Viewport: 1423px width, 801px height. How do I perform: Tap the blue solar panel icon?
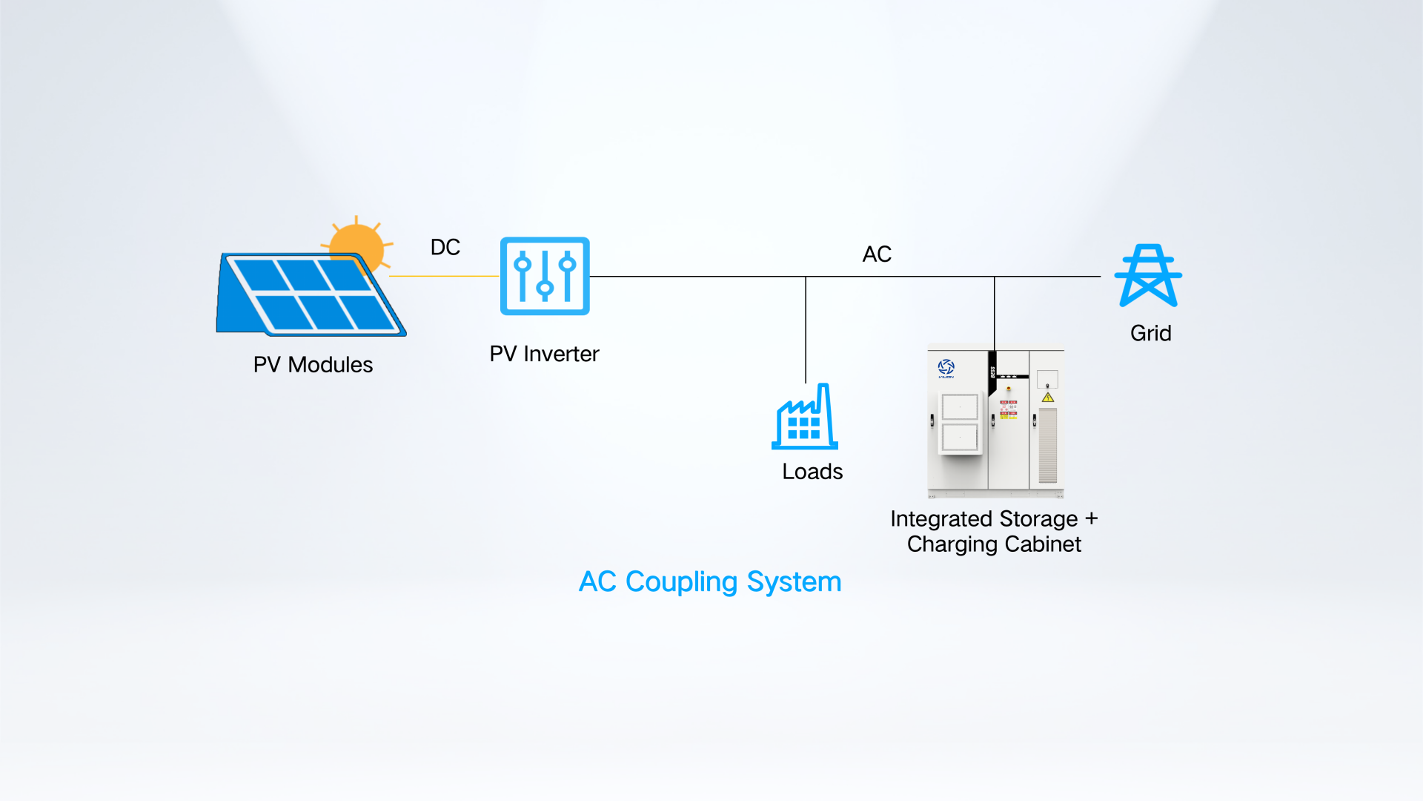coord(311,294)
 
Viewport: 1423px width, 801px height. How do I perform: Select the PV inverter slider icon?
coord(545,276)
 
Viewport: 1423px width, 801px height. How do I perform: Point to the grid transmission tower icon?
coord(1148,275)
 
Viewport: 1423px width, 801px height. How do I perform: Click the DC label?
coord(445,247)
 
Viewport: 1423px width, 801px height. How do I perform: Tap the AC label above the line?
coord(877,254)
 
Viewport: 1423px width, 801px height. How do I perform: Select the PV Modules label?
coord(313,365)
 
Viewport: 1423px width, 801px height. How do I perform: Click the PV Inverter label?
coord(544,354)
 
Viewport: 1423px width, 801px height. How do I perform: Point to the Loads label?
coord(812,472)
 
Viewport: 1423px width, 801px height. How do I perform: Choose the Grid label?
coord(1150,333)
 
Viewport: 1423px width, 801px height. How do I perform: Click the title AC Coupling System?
coord(710,582)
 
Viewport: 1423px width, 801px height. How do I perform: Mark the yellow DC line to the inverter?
coord(445,276)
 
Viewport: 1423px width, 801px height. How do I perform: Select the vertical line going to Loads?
coord(806,329)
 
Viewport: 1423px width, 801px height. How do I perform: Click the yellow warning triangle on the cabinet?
coord(1048,398)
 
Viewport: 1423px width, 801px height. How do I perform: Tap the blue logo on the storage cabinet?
coord(946,368)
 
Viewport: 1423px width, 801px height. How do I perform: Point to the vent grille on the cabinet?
coord(1048,445)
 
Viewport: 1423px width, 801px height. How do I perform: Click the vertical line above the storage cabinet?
coord(995,314)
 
